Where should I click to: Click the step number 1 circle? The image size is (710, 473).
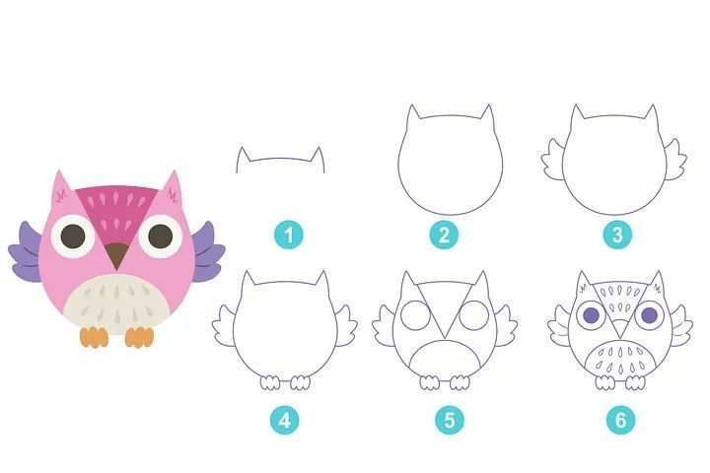coord(289,235)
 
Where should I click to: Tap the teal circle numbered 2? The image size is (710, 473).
coord(444,235)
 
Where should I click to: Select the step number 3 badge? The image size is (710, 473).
coord(617,235)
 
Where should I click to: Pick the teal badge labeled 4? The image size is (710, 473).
coord(285,420)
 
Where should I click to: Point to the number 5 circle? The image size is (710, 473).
coord(450,420)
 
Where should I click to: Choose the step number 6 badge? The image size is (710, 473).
coord(621,420)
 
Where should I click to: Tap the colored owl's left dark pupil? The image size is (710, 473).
coord(73,236)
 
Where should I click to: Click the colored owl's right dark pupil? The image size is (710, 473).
coord(161,236)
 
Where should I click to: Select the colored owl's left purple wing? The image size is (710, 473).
coord(27,252)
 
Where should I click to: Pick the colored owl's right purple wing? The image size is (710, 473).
coord(207,251)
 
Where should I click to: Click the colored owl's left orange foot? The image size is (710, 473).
coord(95,337)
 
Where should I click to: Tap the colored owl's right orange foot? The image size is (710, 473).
coord(139,337)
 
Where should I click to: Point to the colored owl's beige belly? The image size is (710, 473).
coord(116,304)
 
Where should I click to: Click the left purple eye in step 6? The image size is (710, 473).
coord(591,314)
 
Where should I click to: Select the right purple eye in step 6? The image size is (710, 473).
coord(649,314)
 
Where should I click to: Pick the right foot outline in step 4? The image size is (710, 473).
coord(300,382)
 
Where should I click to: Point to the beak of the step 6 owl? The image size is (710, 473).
coord(620,327)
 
